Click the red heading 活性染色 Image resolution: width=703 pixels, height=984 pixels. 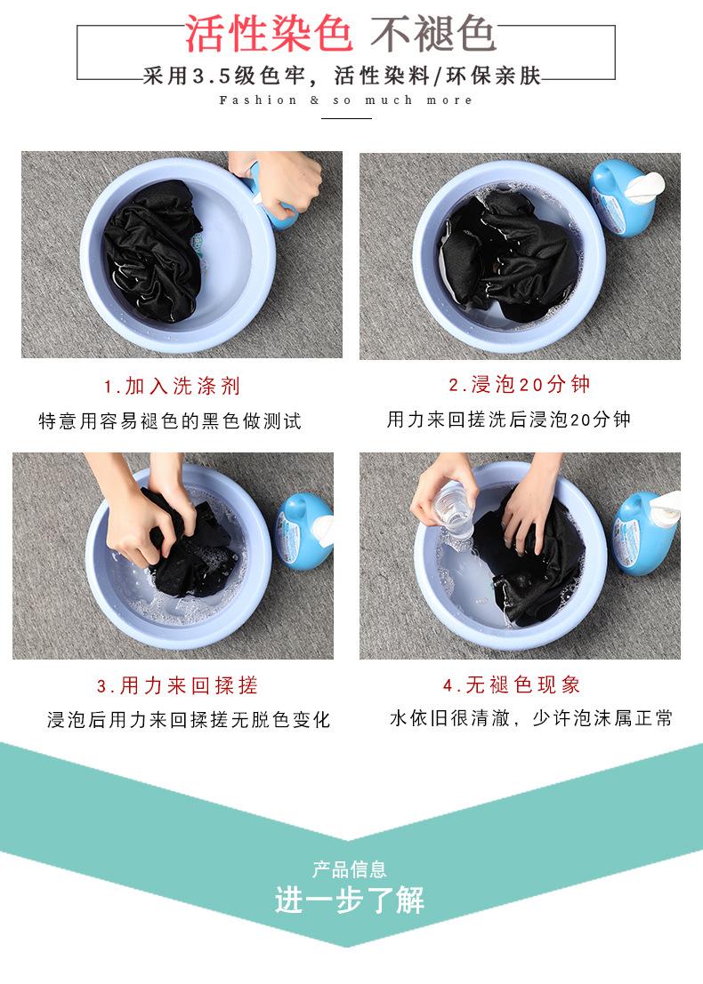(268, 35)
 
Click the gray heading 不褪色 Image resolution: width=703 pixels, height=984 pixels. (432, 35)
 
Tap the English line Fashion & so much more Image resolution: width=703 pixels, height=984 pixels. (345, 100)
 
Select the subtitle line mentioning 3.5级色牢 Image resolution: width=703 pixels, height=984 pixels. (342, 76)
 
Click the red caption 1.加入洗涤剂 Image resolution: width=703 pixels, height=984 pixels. (172, 386)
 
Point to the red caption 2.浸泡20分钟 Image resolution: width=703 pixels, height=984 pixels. (520, 384)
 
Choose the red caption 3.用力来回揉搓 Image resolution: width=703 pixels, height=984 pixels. (177, 685)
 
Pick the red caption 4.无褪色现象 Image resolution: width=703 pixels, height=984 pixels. (512, 684)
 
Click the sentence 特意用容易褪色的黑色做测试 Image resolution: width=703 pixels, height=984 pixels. (170, 420)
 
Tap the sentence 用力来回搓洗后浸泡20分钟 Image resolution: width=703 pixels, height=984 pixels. (509, 420)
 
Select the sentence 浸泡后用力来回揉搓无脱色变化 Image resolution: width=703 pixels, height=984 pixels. (189, 719)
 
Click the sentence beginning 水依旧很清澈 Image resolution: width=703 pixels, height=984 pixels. (531, 718)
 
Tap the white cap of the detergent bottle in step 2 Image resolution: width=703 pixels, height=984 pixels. (644, 187)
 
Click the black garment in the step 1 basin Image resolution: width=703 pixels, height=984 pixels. (153, 250)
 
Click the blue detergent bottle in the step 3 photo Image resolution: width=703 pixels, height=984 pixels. (304, 531)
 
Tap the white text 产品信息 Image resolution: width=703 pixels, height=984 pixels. (350, 869)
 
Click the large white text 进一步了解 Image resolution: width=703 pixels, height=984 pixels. (350, 900)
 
